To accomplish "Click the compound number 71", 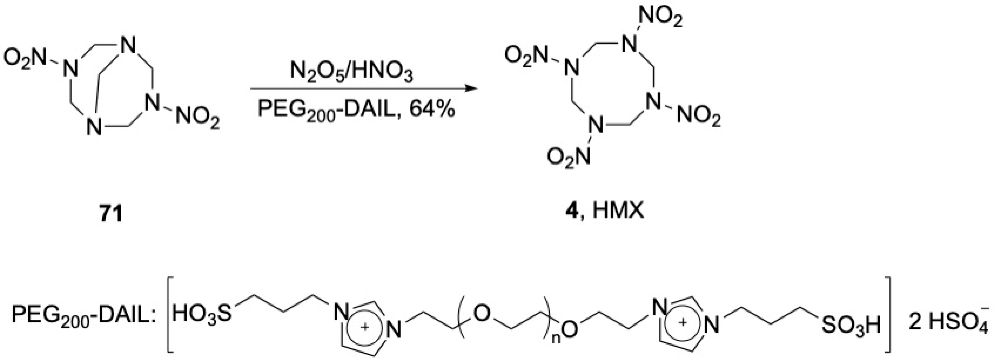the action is (111, 214).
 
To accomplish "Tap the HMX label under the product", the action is (618, 211).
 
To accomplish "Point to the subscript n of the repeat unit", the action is (556, 339).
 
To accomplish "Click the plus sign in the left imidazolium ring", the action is (364, 326).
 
